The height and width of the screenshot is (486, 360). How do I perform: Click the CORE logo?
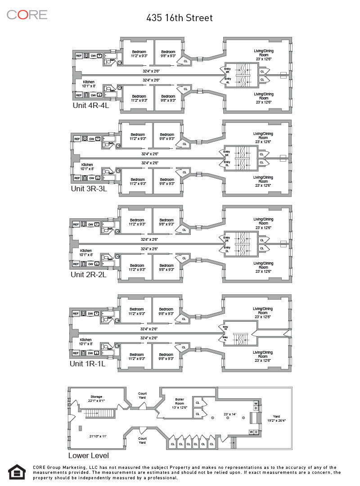pos(27,14)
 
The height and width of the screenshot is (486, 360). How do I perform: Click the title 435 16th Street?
pos(180,18)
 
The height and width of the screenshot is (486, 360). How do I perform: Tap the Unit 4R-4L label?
pos(91,106)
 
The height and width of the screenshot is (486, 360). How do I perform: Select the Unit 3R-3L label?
pos(89,189)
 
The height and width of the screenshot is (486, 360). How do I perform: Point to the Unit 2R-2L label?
pos(88,274)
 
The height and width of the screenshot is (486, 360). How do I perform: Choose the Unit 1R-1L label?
pos(87,363)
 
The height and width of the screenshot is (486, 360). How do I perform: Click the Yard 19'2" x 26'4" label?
pos(276,418)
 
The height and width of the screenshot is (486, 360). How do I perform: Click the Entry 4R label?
pos(227,70)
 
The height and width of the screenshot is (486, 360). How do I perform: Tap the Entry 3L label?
pos(227,164)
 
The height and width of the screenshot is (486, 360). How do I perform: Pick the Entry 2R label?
pos(226,239)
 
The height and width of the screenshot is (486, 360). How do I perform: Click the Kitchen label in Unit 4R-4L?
pos(88,84)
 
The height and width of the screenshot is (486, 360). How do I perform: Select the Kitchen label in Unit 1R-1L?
pos(85,342)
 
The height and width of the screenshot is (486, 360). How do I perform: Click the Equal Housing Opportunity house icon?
pos(17,472)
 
